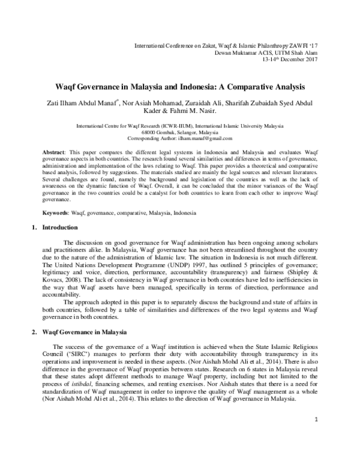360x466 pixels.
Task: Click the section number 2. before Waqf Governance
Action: click(34, 331)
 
